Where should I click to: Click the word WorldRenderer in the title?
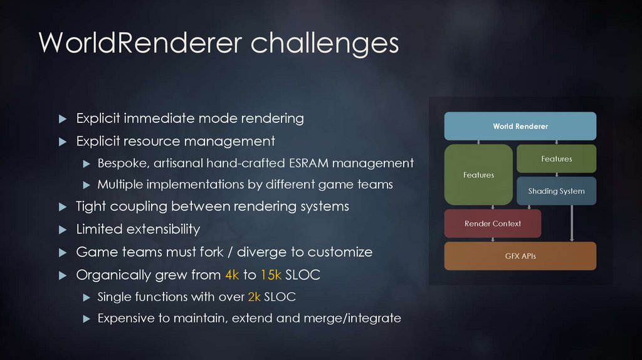(x=140, y=43)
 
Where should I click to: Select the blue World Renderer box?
(x=520, y=126)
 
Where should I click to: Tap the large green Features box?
(x=478, y=175)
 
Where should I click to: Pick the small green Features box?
(x=556, y=159)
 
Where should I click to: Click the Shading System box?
(x=556, y=191)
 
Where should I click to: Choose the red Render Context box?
(x=492, y=224)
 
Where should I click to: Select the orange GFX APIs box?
(x=520, y=256)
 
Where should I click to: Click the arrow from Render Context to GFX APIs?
(x=494, y=240)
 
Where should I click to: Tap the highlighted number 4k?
(x=231, y=275)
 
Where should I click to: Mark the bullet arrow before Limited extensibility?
(x=62, y=230)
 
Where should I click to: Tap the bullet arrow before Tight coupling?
(x=62, y=207)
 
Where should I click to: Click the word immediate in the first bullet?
(x=159, y=118)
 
